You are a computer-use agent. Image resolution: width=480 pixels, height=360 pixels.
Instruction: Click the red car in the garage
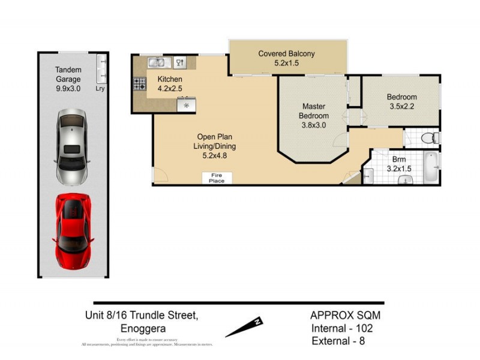click(74, 231)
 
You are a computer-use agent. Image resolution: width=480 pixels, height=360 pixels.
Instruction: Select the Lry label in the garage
click(100, 88)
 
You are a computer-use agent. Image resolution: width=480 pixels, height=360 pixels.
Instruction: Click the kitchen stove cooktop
click(140, 84)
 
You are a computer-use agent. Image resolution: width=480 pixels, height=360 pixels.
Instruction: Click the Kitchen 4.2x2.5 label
click(170, 84)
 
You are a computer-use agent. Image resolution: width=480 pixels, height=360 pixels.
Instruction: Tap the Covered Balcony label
click(286, 58)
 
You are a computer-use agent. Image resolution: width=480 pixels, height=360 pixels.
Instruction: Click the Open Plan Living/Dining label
click(214, 146)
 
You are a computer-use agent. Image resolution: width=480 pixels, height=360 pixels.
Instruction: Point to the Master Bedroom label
click(314, 116)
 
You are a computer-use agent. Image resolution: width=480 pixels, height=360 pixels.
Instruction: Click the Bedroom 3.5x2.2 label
click(401, 101)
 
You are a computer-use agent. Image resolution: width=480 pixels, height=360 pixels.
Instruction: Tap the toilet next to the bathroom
click(430, 139)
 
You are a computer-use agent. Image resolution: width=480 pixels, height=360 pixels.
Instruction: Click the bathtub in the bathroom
click(432, 167)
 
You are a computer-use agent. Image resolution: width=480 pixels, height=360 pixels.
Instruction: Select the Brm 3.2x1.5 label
click(398, 164)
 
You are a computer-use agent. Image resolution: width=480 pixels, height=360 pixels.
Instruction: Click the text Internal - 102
click(341, 328)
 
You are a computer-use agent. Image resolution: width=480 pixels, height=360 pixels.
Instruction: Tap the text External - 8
click(338, 341)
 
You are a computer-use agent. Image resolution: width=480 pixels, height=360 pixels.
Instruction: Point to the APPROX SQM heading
click(345, 315)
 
